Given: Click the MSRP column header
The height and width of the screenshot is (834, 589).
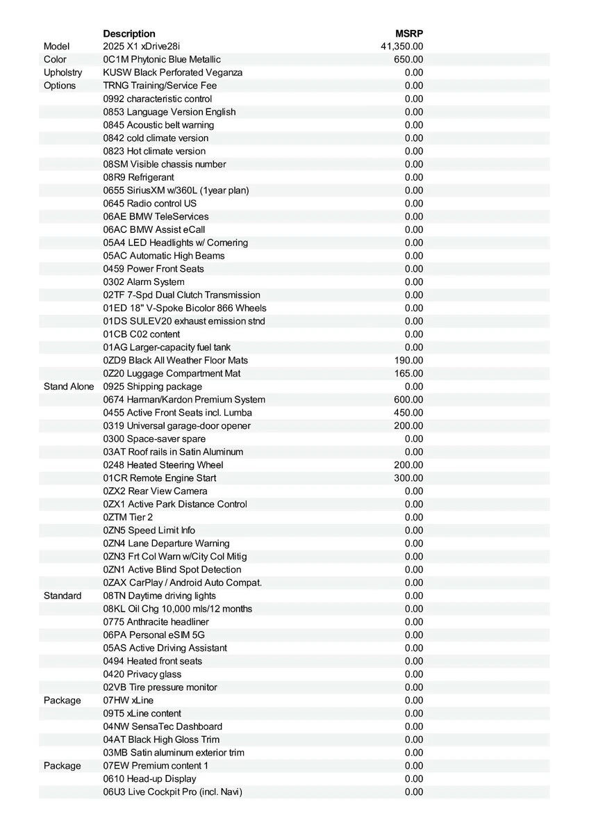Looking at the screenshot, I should coord(409,33).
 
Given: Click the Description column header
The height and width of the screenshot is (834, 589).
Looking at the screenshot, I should coord(129,33).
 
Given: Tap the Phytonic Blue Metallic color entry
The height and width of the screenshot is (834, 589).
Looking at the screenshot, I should coord(162,60).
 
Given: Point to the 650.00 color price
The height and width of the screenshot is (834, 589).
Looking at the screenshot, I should coord(408,60).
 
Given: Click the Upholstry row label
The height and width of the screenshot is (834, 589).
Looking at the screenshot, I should coord(63,72).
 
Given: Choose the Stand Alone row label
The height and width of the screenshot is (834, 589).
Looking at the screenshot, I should coord(69,386).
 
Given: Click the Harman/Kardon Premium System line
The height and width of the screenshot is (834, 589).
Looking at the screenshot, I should coord(184,400).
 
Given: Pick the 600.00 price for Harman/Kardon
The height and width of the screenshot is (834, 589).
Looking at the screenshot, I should coord(408,400).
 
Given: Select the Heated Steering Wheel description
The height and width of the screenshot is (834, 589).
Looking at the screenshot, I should coord(163,465).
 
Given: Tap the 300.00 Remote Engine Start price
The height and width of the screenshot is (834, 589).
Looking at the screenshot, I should coord(408,478).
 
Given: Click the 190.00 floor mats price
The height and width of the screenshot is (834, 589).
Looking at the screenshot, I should coord(408,360).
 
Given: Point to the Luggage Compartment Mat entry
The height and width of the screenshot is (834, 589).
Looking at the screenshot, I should coord(172,373).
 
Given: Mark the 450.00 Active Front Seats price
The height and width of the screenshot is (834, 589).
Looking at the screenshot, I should coord(408,413).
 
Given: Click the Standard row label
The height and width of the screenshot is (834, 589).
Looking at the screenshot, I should coord(63,596).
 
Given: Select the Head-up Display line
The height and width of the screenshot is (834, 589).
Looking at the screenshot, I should coord(150,778).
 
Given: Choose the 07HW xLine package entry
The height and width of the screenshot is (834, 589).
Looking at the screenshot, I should coord(128,700).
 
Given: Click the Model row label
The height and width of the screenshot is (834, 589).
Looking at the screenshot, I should coord(57,47).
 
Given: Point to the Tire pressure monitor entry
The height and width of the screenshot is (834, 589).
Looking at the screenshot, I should coord(160,687).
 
